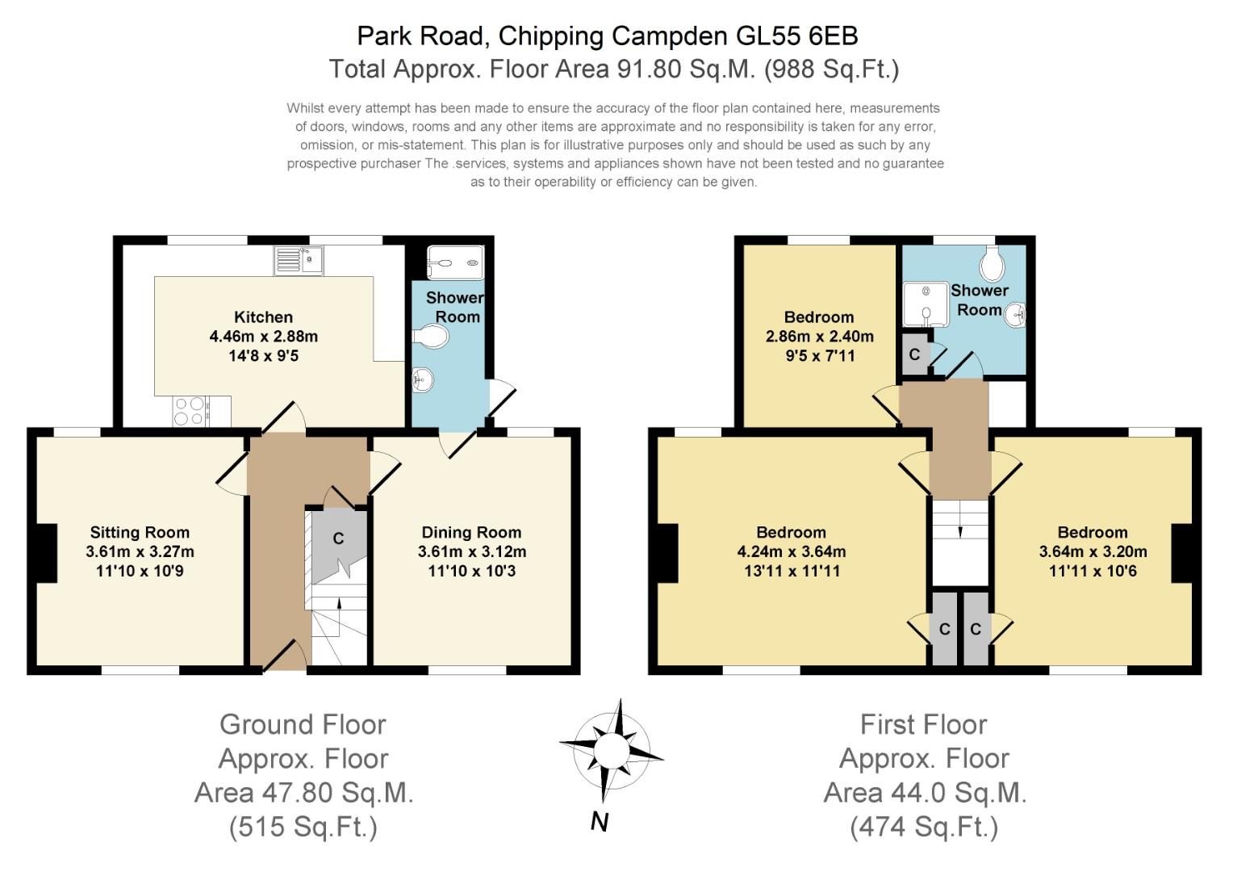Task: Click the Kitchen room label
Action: (263, 317)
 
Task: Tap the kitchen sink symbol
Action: (299, 260)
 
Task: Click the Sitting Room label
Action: (140, 533)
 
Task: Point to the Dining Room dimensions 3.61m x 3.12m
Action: (471, 552)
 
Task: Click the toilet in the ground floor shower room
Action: (430, 337)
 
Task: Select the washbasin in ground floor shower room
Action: (422, 378)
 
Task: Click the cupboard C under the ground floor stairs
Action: (338, 539)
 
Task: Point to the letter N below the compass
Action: (599, 822)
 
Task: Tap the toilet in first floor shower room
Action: (992, 262)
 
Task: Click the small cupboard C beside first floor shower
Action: (914, 354)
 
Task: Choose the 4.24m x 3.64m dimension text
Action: (791, 552)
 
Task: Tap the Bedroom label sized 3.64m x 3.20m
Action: (1093, 533)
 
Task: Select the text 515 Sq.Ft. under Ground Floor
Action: (303, 828)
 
